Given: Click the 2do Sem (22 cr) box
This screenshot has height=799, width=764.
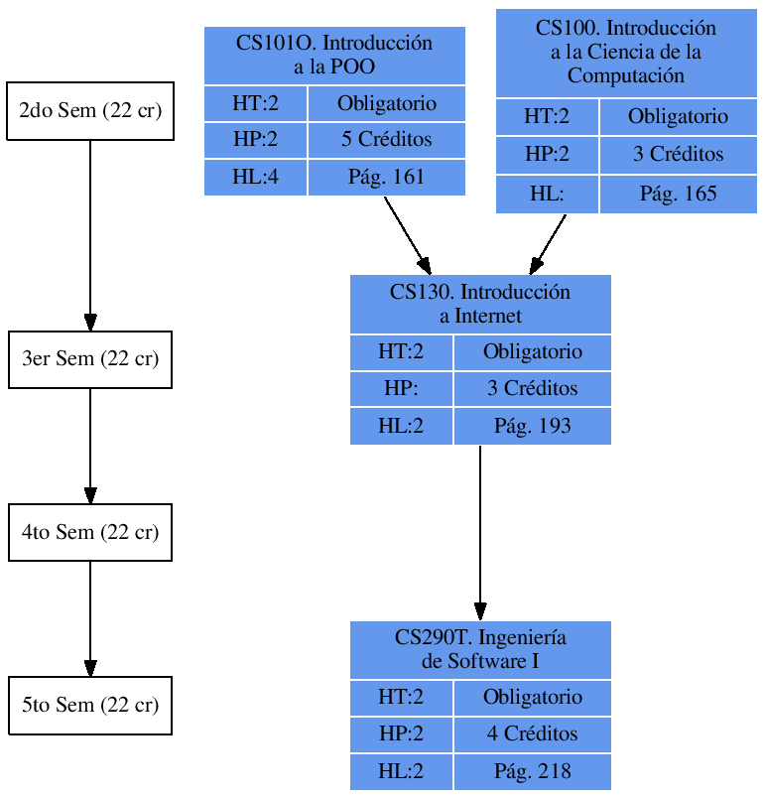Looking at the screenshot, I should pos(90,110).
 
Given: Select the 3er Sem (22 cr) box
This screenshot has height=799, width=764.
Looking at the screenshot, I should pos(90,359).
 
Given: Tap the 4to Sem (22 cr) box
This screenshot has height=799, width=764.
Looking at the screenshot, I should pos(90,532).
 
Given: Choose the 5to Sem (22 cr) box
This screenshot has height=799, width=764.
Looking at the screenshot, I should pos(90,706).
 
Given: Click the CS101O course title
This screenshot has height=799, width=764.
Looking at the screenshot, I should pos(334,56).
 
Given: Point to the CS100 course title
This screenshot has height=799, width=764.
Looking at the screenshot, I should pos(626,52).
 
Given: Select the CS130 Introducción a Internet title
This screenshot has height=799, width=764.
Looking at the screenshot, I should pos(480,304).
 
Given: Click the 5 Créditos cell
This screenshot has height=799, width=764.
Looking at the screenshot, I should pos(386,140).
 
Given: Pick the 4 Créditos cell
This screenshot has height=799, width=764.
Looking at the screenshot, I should pos(532,734).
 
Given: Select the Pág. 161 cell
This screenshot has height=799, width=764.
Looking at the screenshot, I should pos(386,178).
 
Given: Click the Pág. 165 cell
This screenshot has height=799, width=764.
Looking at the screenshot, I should pos(678,195).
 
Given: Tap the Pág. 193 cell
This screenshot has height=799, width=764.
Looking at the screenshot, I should pos(532,427).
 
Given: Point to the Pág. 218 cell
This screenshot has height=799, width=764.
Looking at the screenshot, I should pos(532,772).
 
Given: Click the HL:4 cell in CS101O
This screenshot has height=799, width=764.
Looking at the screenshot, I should pos(255,178).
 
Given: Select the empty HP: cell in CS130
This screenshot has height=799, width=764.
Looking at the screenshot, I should pos(401,388).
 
